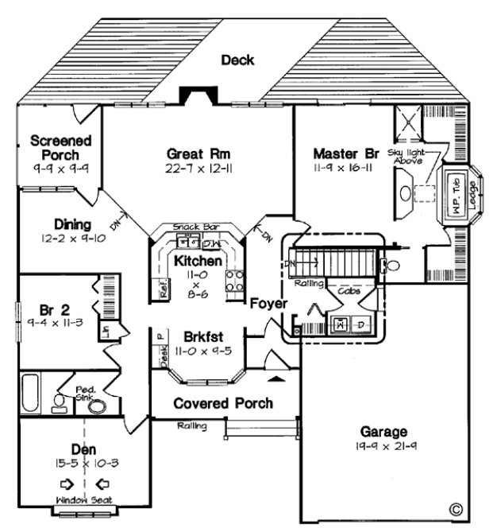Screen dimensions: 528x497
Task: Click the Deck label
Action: tap(237, 60)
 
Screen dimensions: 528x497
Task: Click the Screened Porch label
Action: tap(60, 147)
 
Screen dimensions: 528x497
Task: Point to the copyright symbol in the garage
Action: tap(456, 507)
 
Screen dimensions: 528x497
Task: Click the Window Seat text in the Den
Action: tap(83, 500)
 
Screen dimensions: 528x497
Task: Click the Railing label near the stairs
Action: tap(307, 282)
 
